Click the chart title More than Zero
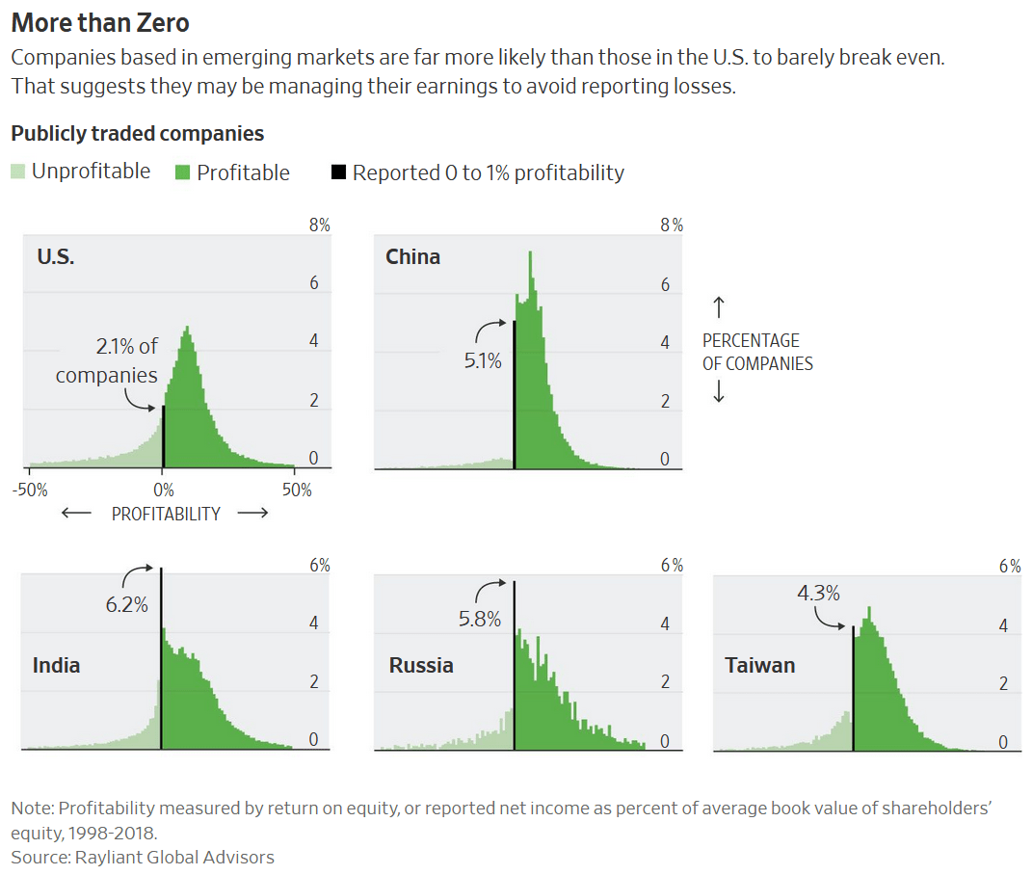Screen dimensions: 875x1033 99,21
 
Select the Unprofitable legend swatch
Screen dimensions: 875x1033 18,172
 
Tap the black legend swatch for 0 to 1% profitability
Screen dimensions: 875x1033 338,172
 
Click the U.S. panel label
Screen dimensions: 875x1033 56,256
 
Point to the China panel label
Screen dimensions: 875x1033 412,256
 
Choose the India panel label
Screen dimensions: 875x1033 57,666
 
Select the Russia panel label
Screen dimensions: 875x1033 421,666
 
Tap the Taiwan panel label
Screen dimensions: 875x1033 760,666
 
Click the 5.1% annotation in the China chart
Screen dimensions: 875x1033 483,362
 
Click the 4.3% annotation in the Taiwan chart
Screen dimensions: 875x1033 818,594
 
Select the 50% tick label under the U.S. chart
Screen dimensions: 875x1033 297,490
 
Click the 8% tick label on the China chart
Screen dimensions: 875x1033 671,225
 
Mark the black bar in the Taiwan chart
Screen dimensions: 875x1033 853,688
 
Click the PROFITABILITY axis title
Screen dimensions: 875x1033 166,514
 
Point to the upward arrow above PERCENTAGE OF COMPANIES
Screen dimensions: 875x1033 718,307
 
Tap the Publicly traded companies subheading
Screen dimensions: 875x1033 137,133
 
